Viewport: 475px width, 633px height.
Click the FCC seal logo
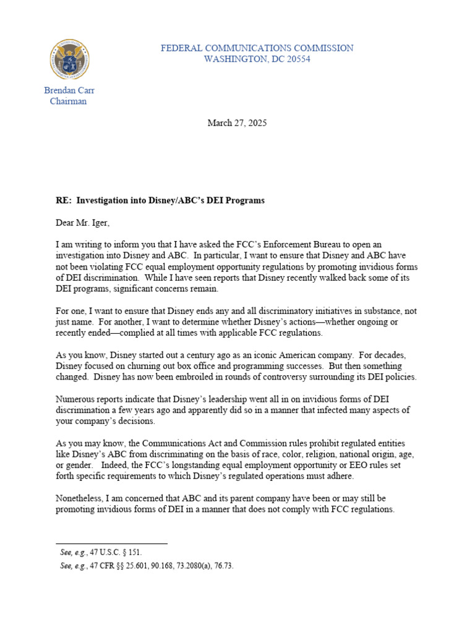(x=69, y=59)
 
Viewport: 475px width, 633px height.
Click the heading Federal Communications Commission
(x=257, y=48)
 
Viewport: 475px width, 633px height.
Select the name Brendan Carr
(x=69, y=90)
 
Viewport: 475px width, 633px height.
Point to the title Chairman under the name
(x=68, y=101)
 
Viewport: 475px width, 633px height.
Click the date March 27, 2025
(x=237, y=123)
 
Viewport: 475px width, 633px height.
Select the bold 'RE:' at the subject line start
(x=64, y=201)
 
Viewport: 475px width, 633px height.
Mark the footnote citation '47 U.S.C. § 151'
(x=112, y=553)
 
